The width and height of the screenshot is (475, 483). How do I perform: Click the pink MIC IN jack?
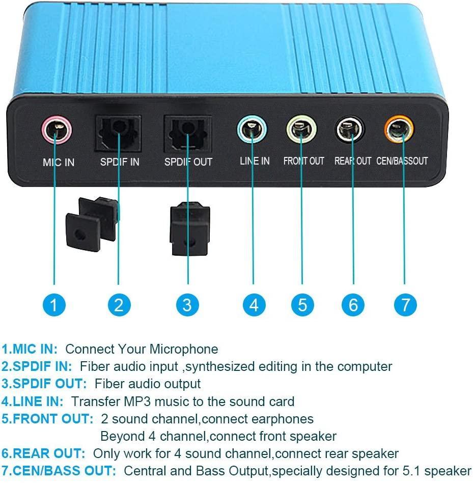pyautogui.click(x=57, y=130)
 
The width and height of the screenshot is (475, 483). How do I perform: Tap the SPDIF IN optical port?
pyautogui.click(x=119, y=133)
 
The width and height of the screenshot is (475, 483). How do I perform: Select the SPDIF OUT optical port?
pyautogui.click(x=187, y=133)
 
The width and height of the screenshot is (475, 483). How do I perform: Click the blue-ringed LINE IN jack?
pyautogui.click(x=252, y=129)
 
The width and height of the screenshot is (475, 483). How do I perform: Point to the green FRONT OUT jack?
pyautogui.click(x=301, y=129)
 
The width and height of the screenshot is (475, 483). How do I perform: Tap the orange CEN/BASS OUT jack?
pyautogui.click(x=399, y=129)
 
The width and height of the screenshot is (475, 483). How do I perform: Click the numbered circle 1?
pyautogui.click(x=54, y=305)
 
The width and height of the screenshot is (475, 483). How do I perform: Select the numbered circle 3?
pyautogui.click(x=187, y=305)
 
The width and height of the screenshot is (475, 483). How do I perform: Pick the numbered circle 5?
pyautogui.click(x=302, y=305)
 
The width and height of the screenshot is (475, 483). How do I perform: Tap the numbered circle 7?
pyautogui.click(x=405, y=305)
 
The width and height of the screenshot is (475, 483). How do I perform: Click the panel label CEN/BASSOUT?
pyautogui.click(x=402, y=161)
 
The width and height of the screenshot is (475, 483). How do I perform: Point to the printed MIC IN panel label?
pyautogui.click(x=59, y=163)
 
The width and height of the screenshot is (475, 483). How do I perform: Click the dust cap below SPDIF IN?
pyautogui.click(x=92, y=224)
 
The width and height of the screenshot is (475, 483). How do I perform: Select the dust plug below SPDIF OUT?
pyautogui.click(x=190, y=229)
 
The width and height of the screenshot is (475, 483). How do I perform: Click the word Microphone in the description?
pyautogui.click(x=183, y=350)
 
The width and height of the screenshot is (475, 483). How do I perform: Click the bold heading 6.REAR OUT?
pyautogui.click(x=43, y=453)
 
